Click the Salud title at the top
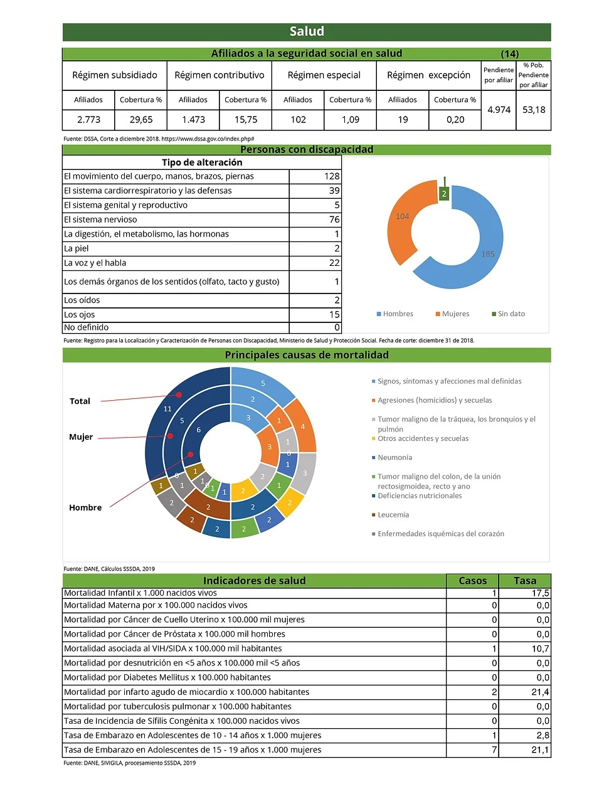(307, 31)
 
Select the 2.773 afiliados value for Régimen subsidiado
(88, 119)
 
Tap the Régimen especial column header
(324, 75)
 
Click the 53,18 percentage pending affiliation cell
(534, 109)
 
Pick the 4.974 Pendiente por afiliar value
(499, 109)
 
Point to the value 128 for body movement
(332, 176)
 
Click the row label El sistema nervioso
(100, 220)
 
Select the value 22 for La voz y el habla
(334, 263)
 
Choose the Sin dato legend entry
(509, 314)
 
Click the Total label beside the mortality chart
(80, 401)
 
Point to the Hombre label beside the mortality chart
(85, 507)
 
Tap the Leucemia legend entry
(393, 515)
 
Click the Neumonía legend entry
(394, 458)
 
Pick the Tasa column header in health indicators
(525, 581)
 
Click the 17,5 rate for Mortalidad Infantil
(540, 593)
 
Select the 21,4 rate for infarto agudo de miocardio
(540, 692)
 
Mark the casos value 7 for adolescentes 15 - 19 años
(494, 749)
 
